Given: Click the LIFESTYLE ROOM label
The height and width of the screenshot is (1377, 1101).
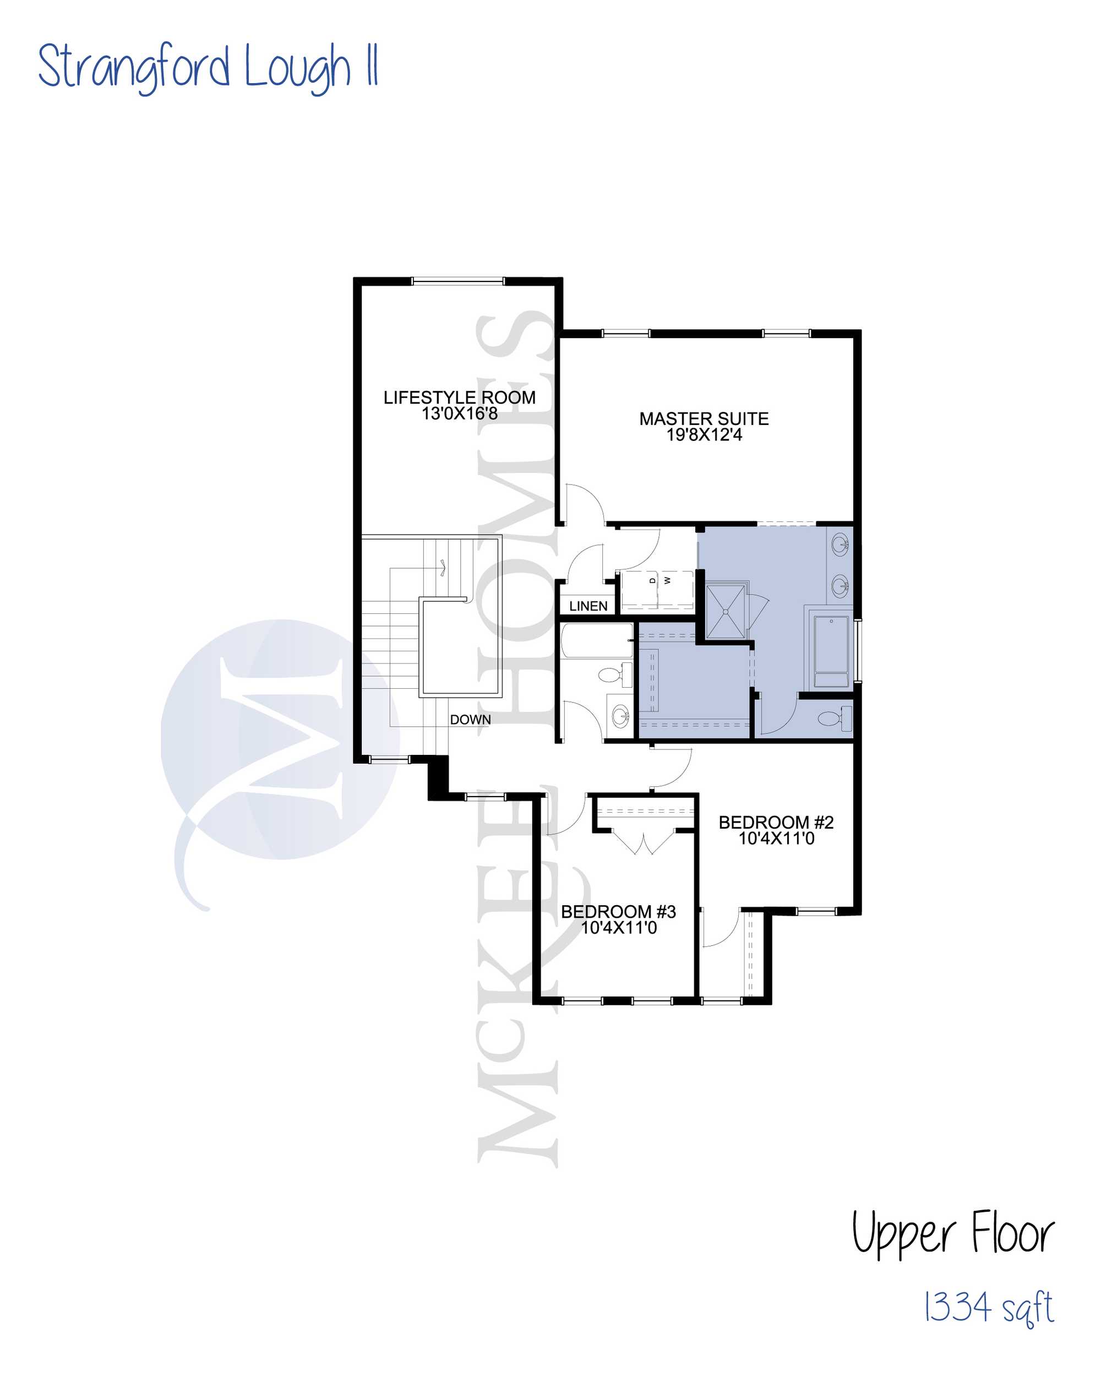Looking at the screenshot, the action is (x=459, y=398).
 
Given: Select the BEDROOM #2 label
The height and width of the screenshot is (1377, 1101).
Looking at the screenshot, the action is (x=776, y=822).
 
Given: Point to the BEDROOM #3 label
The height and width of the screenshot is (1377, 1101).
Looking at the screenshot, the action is (x=618, y=911).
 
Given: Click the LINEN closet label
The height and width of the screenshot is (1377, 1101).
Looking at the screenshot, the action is (x=588, y=606).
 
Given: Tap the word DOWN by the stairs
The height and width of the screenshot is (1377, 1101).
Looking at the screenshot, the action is (x=470, y=720).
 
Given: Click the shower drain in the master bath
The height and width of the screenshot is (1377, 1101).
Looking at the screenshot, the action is (x=726, y=612).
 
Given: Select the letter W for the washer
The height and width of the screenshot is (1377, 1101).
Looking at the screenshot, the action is (x=667, y=580).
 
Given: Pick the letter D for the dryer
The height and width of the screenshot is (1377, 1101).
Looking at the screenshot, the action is (x=652, y=580).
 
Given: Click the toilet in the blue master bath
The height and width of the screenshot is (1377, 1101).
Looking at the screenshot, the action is (x=834, y=719).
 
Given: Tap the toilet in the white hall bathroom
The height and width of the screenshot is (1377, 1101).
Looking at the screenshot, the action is (x=614, y=674).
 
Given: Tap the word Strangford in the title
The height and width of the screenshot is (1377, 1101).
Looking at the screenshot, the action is (x=133, y=68).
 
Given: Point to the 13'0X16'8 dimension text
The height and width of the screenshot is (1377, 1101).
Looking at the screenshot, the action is (x=459, y=413).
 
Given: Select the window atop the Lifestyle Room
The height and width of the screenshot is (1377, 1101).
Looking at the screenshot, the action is (x=457, y=281).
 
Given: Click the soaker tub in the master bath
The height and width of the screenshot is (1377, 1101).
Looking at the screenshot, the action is (x=831, y=651).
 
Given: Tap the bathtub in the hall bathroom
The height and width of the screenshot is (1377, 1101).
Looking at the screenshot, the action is (x=597, y=640).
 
